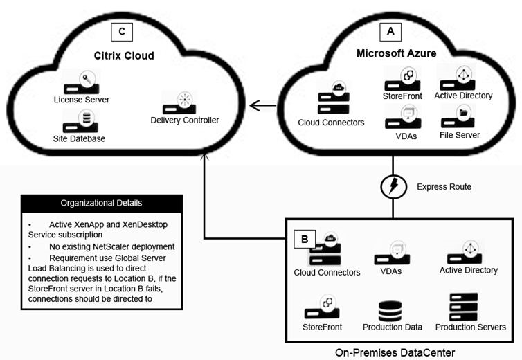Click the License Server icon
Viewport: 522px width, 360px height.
click(82, 83)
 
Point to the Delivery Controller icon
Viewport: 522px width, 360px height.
click(183, 102)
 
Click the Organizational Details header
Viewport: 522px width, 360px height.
click(101, 204)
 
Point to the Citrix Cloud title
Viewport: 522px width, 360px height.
click(125, 55)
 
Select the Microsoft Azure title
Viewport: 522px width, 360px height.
click(395, 53)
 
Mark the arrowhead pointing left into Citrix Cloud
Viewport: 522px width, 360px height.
click(254, 106)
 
